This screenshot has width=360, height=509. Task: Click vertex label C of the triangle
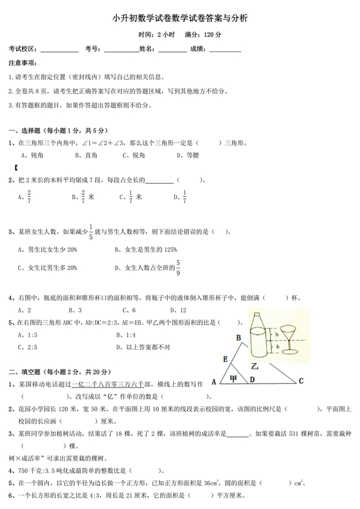(x=300, y=381)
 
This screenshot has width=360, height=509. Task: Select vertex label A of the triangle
(x=214, y=381)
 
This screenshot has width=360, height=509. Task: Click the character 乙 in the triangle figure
(x=255, y=366)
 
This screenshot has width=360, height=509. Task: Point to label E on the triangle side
(x=224, y=359)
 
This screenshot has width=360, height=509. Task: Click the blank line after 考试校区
(x=60, y=49)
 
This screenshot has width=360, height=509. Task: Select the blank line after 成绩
(x=223, y=49)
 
